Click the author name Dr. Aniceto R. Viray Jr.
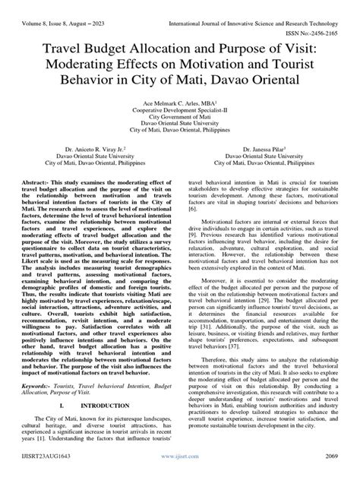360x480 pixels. coord(72,150)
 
